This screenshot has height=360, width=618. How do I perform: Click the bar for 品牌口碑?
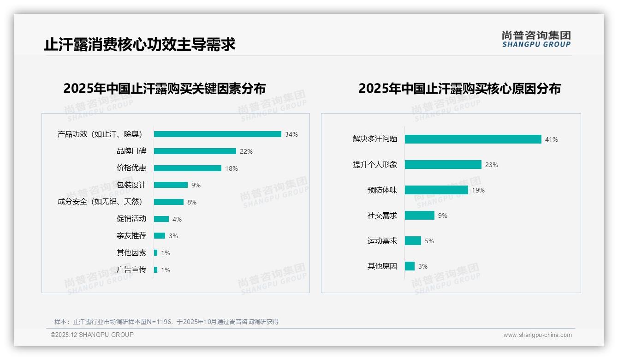195,151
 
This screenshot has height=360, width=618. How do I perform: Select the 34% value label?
291,134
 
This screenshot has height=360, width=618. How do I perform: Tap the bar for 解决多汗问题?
473,139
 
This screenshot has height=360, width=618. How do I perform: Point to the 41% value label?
552,139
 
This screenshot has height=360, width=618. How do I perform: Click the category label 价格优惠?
131,168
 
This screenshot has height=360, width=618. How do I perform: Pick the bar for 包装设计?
171,185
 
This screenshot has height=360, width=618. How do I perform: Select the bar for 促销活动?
161,219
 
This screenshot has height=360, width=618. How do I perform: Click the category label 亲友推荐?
131,236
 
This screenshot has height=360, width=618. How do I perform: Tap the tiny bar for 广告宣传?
155,270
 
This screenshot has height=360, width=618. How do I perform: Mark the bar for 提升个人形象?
443,165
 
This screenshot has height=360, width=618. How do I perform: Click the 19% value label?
478,190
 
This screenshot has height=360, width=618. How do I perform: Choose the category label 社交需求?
382,216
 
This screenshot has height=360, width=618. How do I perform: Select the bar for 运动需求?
413,241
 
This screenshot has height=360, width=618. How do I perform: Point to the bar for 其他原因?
410,266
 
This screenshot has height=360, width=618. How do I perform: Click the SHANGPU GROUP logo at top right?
536,39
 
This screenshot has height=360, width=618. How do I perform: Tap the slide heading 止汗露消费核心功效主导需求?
140,45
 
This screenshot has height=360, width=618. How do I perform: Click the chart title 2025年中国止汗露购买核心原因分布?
459,89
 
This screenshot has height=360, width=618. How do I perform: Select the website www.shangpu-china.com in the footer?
537,335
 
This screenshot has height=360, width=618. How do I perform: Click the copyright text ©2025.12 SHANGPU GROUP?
92,335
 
